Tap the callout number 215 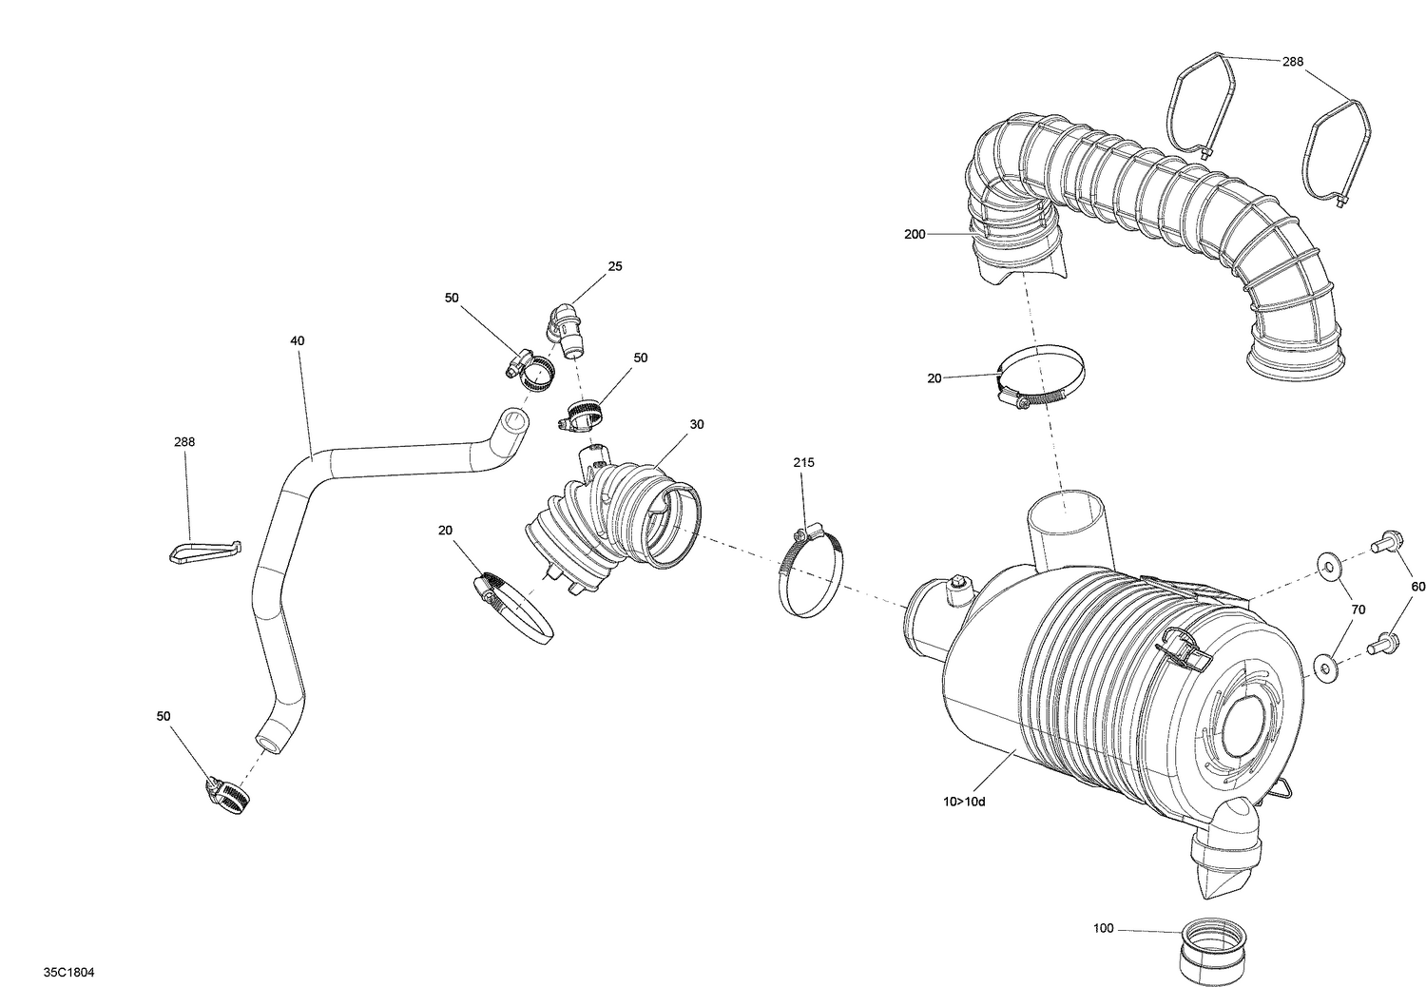coord(804,463)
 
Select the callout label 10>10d coord(965,802)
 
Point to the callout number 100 coord(1103,928)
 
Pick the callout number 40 coord(298,340)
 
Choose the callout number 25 coord(615,266)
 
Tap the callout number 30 coord(697,424)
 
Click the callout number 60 coord(1417,587)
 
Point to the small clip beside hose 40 coord(204,552)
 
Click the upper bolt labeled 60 coord(1384,545)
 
